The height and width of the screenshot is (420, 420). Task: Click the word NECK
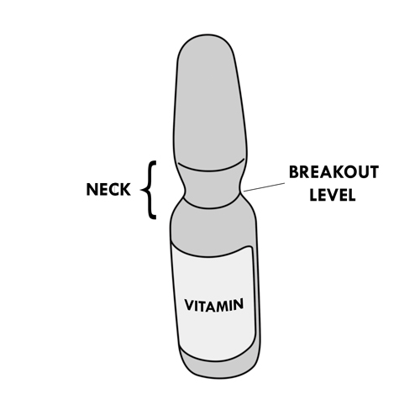tap(108, 189)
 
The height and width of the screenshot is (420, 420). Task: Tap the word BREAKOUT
tap(333, 172)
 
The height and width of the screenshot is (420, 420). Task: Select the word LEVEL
tap(333, 195)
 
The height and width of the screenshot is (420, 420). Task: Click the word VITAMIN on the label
tap(214, 305)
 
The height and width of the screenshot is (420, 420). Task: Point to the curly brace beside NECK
tap(149, 190)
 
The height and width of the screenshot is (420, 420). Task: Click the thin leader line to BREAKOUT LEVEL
tap(264, 187)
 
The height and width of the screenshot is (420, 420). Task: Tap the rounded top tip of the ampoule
tap(207, 36)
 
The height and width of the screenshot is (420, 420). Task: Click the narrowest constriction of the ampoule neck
tap(213, 192)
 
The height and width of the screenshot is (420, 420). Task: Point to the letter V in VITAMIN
tap(189, 306)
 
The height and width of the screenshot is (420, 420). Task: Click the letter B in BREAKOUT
tap(293, 172)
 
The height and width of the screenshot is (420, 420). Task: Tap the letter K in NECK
tap(125, 189)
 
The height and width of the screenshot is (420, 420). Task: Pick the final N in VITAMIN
tap(239, 304)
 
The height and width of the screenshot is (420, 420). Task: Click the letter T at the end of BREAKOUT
tap(374, 172)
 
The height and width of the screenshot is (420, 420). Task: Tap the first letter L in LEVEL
tap(313, 195)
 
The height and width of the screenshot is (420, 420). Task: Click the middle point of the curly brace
tap(141, 190)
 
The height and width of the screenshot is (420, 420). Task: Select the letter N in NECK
tap(92, 189)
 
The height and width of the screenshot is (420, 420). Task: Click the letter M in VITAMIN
tap(221, 305)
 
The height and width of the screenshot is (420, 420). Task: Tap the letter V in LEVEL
tap(333, 195)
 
